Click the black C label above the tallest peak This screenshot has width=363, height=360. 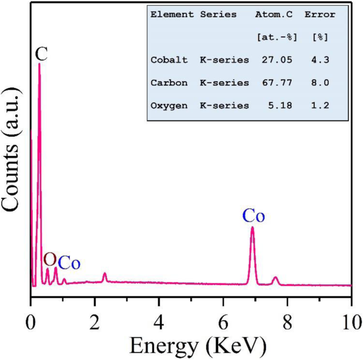click(41, 53)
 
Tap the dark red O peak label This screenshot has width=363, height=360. click(50, 259)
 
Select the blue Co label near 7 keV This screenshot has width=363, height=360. click(254, 216)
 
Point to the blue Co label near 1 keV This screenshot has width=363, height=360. click(69, 262)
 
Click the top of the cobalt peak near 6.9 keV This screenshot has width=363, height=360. click(252, 228)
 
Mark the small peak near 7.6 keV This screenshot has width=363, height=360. click(275, 278)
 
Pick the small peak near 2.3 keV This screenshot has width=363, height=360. click(104, 274)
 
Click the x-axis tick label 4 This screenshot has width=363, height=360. click(159, 321)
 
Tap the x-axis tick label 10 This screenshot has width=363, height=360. click(350, 321)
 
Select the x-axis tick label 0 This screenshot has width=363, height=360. click(31, 321)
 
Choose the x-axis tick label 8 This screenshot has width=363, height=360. click(287, 321)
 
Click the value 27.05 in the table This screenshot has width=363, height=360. click(275, 60)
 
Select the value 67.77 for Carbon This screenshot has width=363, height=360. click(275, 83)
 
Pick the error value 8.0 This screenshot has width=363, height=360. click(320, 83)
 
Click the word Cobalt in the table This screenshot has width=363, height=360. click(169, 60)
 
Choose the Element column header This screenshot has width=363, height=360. click(172, 15)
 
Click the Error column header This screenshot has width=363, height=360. click(320, 15)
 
